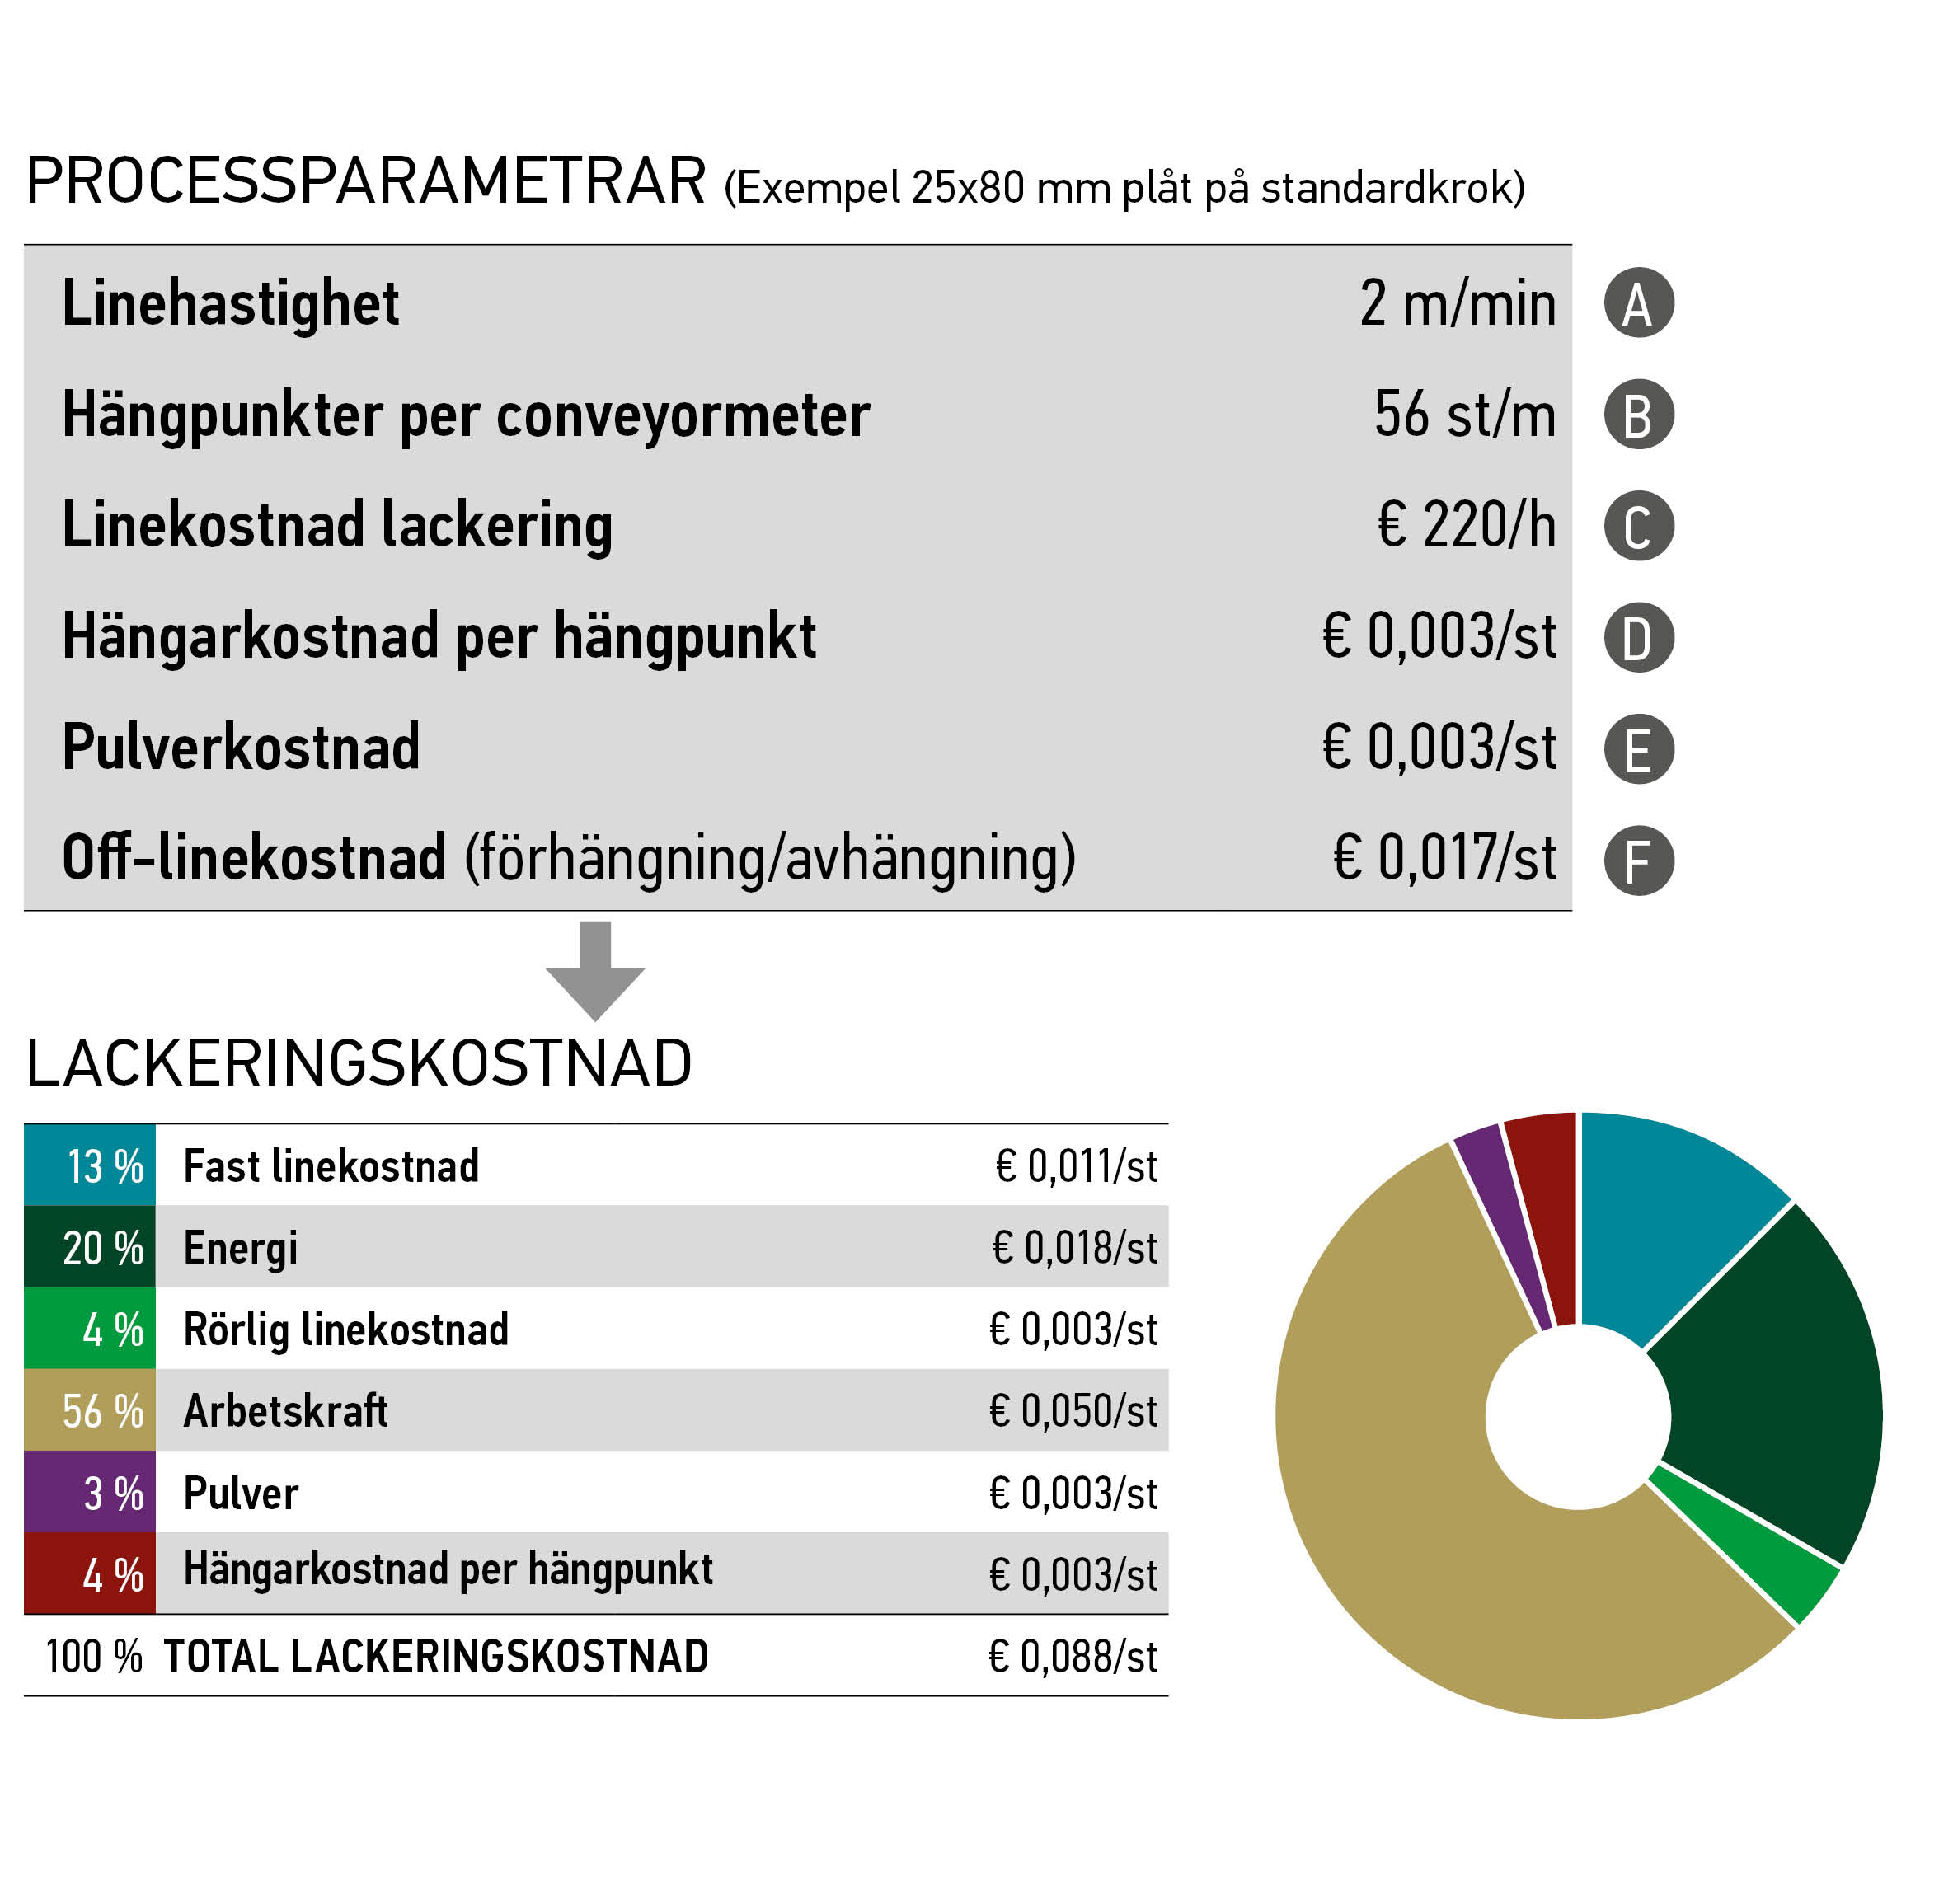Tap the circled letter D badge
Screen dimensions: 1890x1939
pos(1638,637)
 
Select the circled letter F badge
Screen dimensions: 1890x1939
pos(1638,860)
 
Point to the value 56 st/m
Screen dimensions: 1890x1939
pos(1464,414)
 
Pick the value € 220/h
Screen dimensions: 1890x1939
pos(1466,525)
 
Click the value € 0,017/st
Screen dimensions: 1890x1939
pos(1444,858)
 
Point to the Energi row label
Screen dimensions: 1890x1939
pos(240,1248)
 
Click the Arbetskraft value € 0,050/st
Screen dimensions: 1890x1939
pos(1073,1410)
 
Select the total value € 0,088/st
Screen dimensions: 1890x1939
pos(1073,1656)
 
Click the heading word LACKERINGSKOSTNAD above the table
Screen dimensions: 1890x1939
pos(359,1064)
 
